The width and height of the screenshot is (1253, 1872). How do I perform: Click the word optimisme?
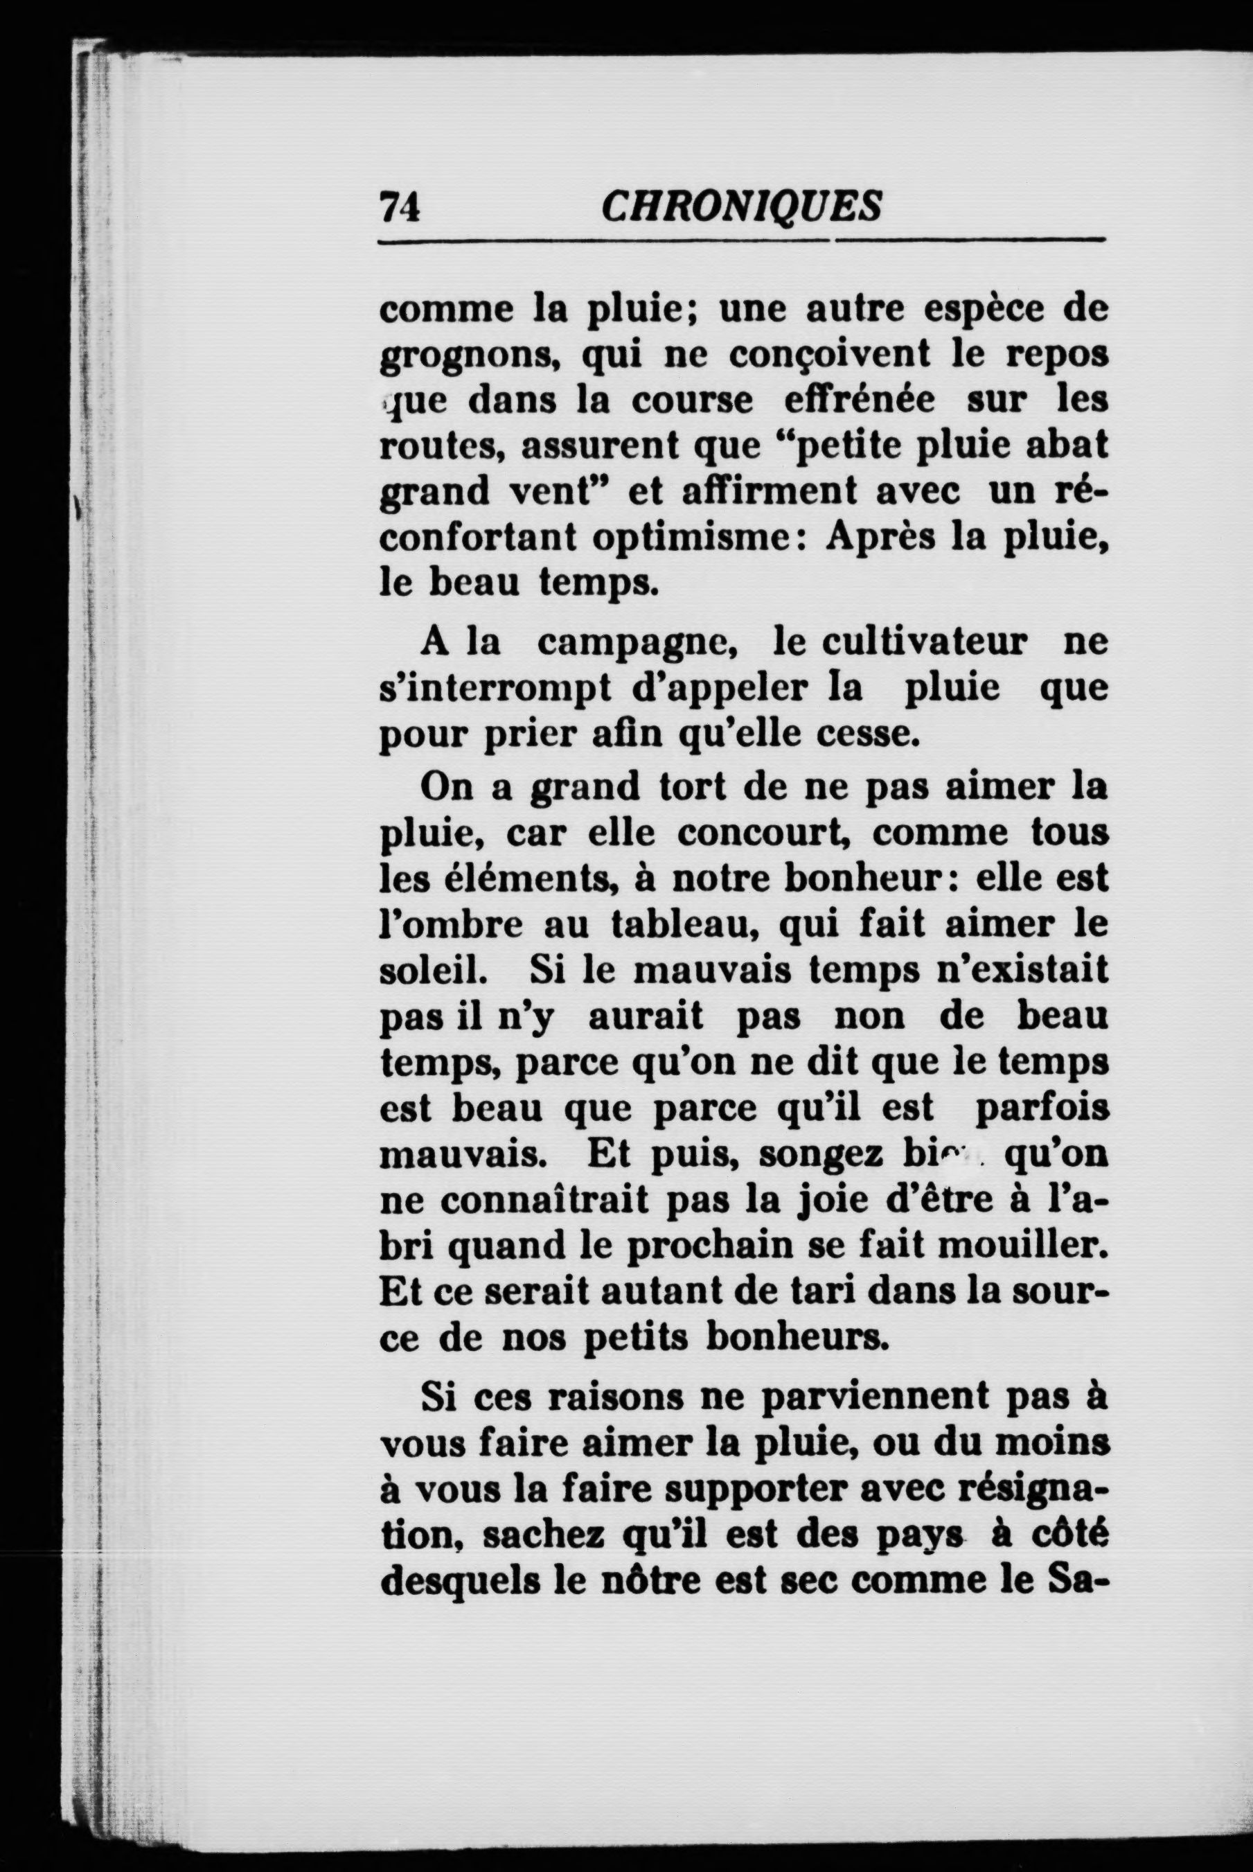[691, 536]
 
